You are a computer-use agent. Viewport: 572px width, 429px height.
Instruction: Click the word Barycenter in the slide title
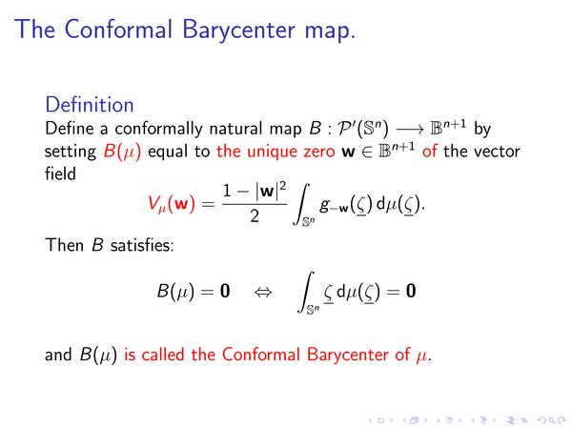tap(239, 31)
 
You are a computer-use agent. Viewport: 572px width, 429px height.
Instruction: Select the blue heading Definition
tap(90, 105)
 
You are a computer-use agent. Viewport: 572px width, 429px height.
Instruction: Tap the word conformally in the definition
tap(158, 129)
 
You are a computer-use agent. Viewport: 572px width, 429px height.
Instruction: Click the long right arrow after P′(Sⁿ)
tap(410, 129)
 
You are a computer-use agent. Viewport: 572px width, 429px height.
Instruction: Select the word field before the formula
tap(60, 174)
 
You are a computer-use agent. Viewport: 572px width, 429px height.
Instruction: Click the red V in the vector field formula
tap(153, 202)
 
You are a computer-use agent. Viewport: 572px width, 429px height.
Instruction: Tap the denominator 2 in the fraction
tap(255, 216)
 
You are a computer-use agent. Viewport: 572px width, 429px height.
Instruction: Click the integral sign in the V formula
tap(301, 204)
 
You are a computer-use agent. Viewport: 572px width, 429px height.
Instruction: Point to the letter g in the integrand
tap(323, 205)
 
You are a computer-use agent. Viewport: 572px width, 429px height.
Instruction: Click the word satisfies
tap(142, 245)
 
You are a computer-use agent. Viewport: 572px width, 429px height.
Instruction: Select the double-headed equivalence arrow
tap(263, 292)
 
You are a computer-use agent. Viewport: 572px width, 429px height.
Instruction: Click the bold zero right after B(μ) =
tap(225, 291)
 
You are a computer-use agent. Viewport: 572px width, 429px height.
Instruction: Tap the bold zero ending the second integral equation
tap(411, 291)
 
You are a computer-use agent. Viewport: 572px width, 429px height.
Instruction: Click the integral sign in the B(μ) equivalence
tap(306, 292)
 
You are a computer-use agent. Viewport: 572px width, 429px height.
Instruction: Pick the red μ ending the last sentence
tap(422, 356)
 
